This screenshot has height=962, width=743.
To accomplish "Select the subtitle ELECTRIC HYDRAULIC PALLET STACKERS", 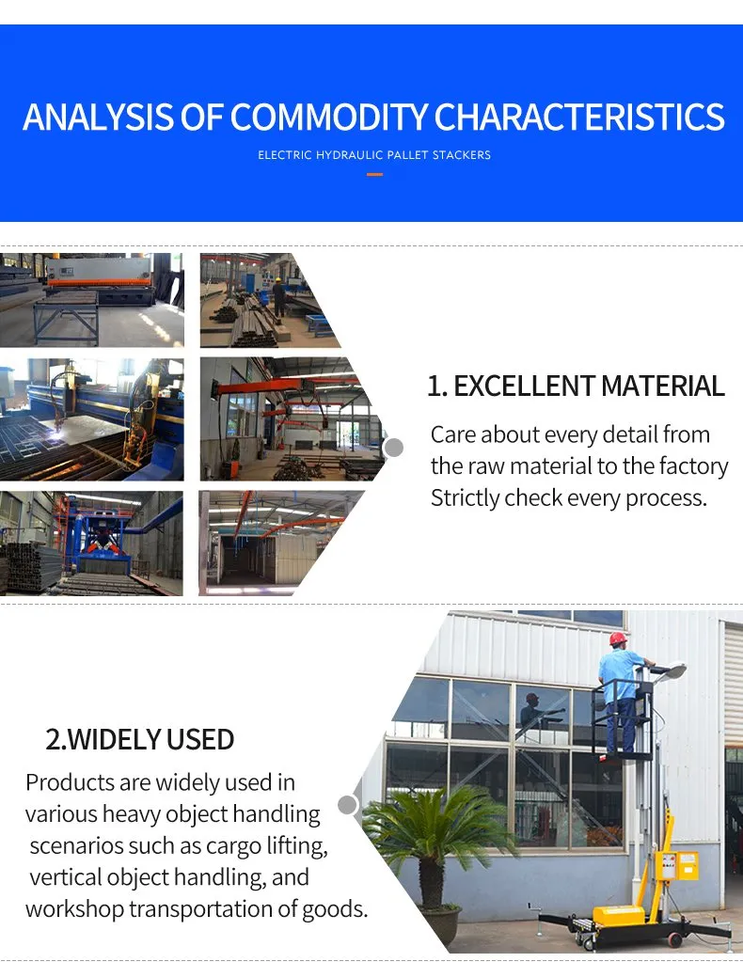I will click(374, 155).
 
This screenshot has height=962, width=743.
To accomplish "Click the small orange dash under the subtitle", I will click(374, 174).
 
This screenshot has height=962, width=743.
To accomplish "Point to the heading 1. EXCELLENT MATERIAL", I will click(576, 386).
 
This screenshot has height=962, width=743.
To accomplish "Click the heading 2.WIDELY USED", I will click(140, 739).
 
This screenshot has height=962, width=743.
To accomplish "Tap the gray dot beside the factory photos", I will click(394, 447).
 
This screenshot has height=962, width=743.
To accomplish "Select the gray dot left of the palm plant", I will click(348, 805).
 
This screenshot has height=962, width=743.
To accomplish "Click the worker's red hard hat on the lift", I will click(618, 639).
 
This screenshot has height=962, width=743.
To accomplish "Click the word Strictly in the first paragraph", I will click(465, 497).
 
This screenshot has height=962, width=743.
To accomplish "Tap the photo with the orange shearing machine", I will click(91, 299).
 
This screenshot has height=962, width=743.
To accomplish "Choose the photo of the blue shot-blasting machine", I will click(91, 543).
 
